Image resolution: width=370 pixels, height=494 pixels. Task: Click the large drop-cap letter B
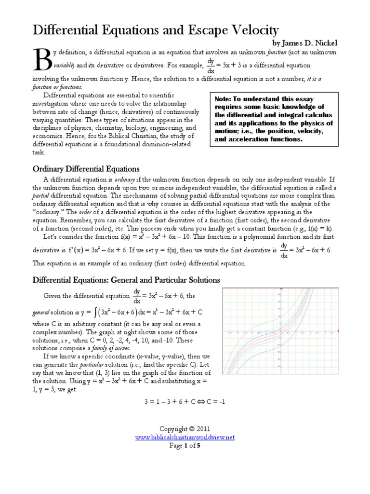click(42, 61)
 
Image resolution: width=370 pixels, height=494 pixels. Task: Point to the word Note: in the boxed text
click(225, 98)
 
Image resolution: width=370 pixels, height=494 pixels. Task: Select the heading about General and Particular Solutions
click(126, 280)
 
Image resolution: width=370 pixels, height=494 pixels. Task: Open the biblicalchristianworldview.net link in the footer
click(185, 437)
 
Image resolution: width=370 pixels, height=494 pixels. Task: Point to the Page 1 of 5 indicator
click(185, 445)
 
